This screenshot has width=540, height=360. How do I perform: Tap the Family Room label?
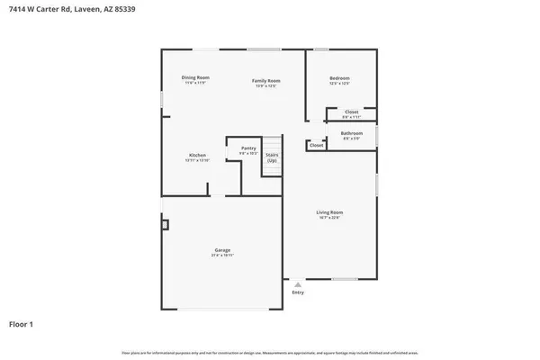tap(265, 81)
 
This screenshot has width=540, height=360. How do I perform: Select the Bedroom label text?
tap(339, 79)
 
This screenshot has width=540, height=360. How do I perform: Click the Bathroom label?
tap(351, 133)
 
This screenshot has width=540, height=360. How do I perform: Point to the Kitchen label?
tap(196, 155)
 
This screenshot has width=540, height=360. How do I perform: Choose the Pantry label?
tap(248, 148)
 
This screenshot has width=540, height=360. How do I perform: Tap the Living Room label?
tap(329, 212)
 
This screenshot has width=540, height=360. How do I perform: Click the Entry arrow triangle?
tap(298, 283)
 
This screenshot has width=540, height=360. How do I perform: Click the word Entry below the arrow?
tap(298, 292)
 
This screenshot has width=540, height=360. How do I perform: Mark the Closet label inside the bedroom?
tap(351, 112)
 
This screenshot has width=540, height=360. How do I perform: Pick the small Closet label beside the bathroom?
tap(317, 145)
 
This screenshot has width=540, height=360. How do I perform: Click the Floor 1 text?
tap(22, 323)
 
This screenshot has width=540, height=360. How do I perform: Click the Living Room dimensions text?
tap(329, 218)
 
